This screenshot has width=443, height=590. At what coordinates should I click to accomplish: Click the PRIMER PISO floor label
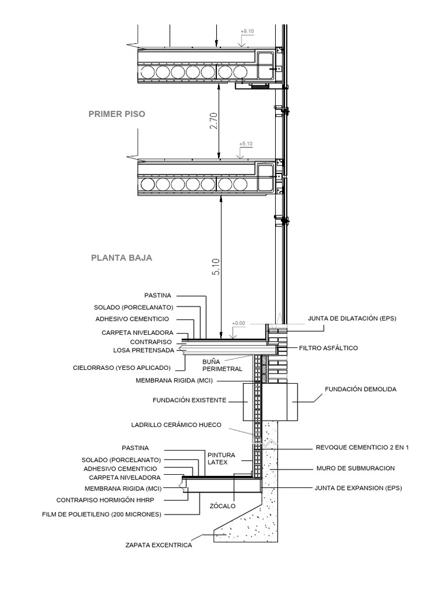(117, 114)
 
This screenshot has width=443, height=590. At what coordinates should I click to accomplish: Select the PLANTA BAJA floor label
(121, 258)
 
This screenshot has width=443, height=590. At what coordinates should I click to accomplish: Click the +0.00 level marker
(238, 324)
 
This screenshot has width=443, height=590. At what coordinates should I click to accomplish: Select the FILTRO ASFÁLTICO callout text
(329, 348)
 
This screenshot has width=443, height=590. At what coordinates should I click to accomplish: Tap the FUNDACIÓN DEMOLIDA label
(352, 389)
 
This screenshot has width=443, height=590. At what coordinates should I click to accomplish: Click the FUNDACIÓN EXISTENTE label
(190, 399)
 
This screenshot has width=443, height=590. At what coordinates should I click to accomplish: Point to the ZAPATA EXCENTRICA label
(158, 544)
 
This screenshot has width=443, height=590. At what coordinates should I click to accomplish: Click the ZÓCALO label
(222, 505)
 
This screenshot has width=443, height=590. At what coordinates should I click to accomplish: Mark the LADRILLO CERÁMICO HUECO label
(177, 425)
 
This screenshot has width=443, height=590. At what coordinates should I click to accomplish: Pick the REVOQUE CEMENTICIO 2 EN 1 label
(362, 447)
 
